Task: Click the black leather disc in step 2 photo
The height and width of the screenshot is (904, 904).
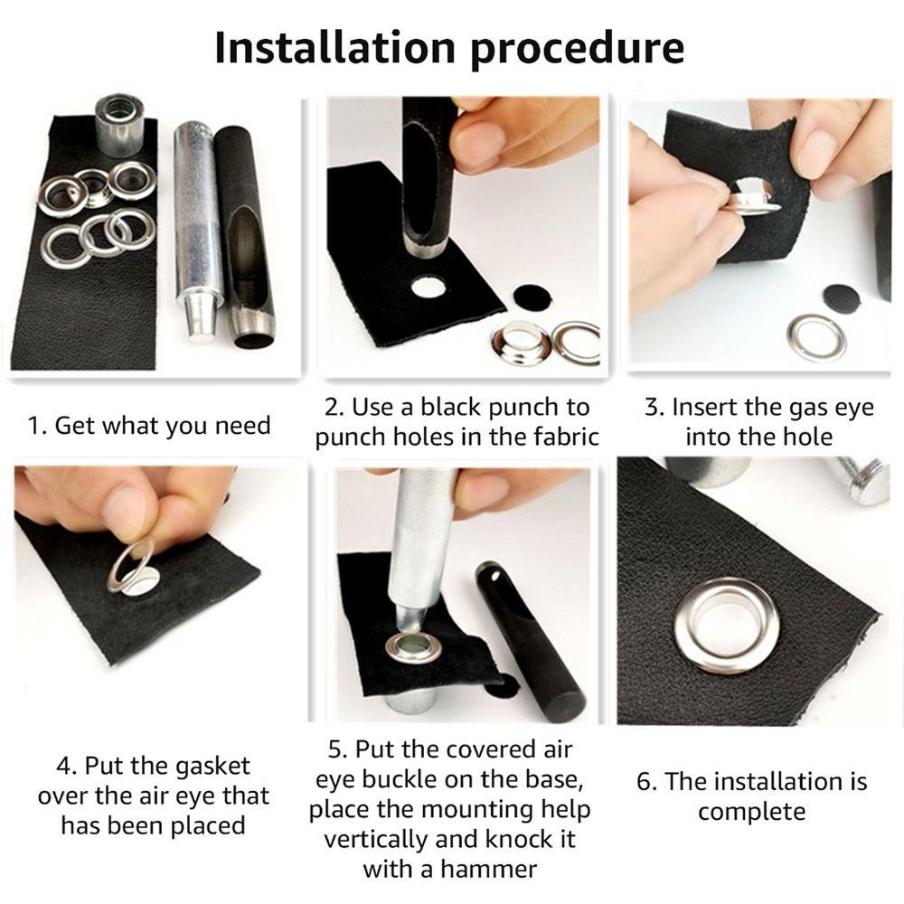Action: pyautogui.click(x=531, y=297)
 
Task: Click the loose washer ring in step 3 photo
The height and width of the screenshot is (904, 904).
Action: pyautogui.click(x=816, y=337)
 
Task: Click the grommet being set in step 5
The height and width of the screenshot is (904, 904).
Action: pyautogui.click(x=415, y=646)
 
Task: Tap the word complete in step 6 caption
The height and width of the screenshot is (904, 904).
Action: pyautogui.click(x=751, y=811)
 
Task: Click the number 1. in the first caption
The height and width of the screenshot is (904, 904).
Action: pyautogui.click(x=37, y=425)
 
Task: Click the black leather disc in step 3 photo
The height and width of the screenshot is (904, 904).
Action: pyautogui.click(x=842, y=298)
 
